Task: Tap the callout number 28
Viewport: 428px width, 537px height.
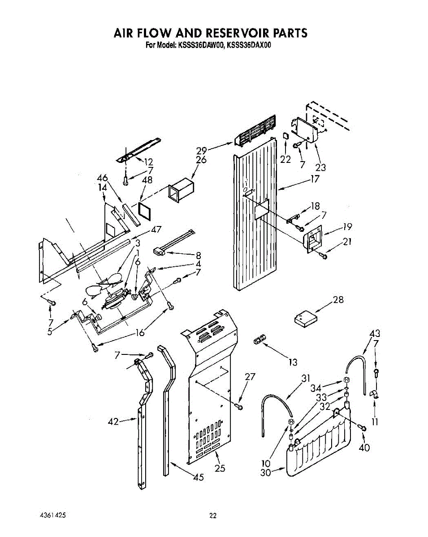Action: (x=338, y=299)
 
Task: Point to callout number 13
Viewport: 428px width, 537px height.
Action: (x=293, y=362)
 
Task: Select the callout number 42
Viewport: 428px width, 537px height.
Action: (x=114, y=421)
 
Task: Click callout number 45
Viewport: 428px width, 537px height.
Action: (x=198, y=477)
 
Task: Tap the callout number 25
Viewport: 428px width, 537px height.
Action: (x=219, y=468)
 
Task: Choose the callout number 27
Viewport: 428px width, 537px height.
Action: (x=250, y=377)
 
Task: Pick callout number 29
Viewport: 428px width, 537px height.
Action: (x=201, y=151)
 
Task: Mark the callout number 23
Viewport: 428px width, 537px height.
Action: (x=320, y=168)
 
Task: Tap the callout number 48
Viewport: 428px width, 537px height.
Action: (x=147, y=180)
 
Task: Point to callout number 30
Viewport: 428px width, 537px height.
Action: (x=266, y=472)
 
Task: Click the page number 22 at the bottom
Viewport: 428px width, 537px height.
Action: (x=213, y=516)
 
